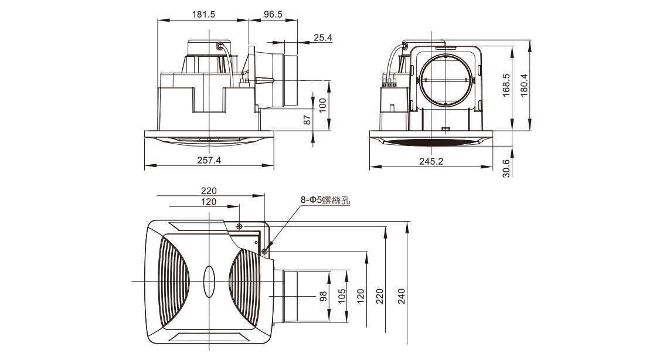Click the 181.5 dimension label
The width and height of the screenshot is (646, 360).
click(203, 15)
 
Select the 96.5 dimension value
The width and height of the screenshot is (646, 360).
click(273, 15)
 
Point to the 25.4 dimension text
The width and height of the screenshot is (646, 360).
click(322, 38)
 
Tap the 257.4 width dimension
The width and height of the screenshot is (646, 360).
click(209, 160)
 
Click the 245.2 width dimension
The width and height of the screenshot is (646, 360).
click(431, 161)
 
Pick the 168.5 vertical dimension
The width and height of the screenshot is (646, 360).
click(506, 86)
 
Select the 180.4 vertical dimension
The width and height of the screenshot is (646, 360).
click(524, 86)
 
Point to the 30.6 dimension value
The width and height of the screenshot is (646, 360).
click(506, 168)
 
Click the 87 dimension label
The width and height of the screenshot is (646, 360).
click(307, 120)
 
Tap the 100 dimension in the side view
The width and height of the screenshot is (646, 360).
click(322, 106)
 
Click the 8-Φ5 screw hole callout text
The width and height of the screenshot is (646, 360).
click(325, 201)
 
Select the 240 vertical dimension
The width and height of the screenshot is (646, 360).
click(402, 296)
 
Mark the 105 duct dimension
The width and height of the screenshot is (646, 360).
click(342, 296)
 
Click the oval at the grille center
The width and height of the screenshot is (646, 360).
click(209, 282)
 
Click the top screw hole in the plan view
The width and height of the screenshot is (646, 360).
click(239, 226)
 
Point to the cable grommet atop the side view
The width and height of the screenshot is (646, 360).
click(219, 45)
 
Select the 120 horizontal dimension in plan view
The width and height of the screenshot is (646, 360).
click(209, 202)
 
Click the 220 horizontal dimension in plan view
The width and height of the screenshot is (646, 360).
click(209, 191)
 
